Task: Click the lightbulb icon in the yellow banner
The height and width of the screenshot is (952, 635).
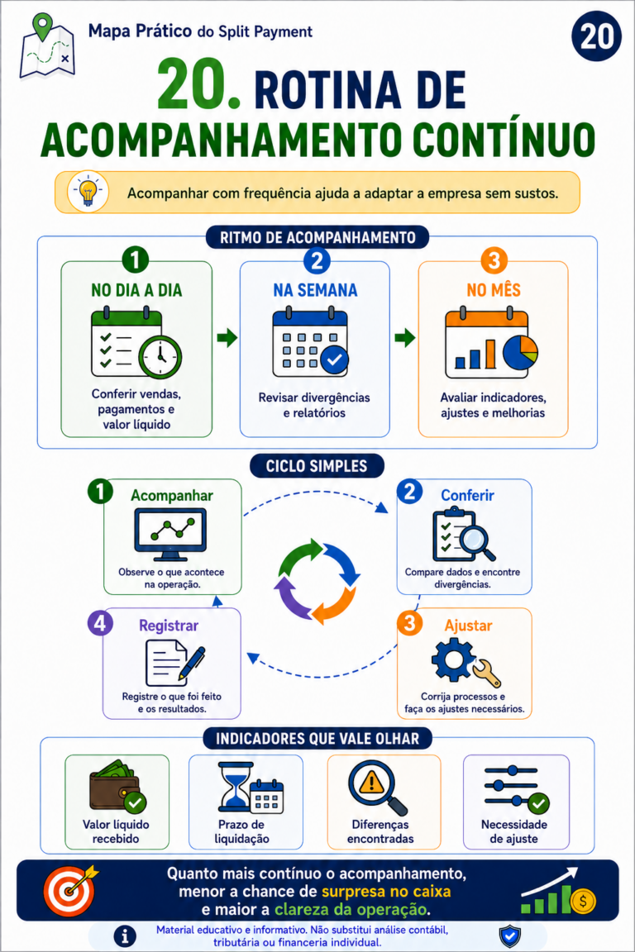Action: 88,191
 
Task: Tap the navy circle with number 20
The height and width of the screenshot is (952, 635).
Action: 597,36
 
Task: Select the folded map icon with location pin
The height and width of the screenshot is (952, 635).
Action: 47,46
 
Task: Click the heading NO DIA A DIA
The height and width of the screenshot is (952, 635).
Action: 136,290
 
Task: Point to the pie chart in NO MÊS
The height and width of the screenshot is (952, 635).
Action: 520,353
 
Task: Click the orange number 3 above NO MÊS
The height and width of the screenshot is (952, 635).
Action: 494,260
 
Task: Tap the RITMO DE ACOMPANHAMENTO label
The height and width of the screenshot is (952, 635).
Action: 317,237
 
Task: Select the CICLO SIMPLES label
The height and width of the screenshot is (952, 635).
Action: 317,466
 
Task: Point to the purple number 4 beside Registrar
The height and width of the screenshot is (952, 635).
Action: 100,624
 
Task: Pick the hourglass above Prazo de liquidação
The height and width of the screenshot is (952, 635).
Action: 236,787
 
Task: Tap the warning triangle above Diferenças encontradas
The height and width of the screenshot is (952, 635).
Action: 371,783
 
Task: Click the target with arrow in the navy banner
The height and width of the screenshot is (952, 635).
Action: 71,890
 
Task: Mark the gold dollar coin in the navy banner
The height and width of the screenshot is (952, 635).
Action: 583,901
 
